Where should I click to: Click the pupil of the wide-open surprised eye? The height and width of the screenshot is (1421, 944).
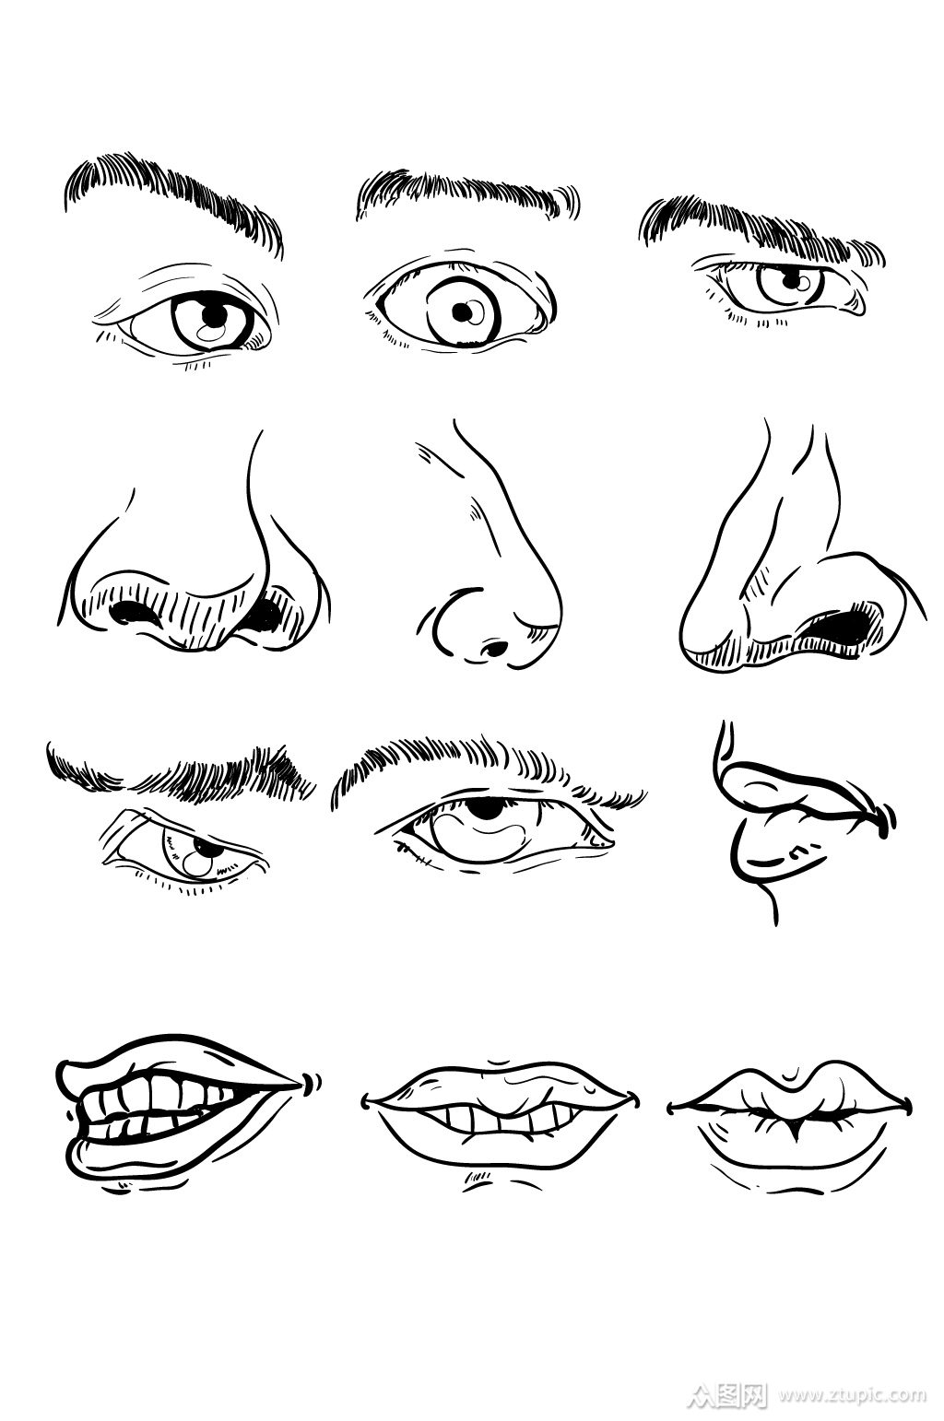[462, 311]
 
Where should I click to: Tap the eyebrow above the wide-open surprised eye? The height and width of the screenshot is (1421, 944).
[466, 193]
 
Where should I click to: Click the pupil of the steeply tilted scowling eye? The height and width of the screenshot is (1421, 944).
[203, 847]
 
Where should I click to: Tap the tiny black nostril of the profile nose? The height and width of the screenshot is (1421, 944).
[494, 649]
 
